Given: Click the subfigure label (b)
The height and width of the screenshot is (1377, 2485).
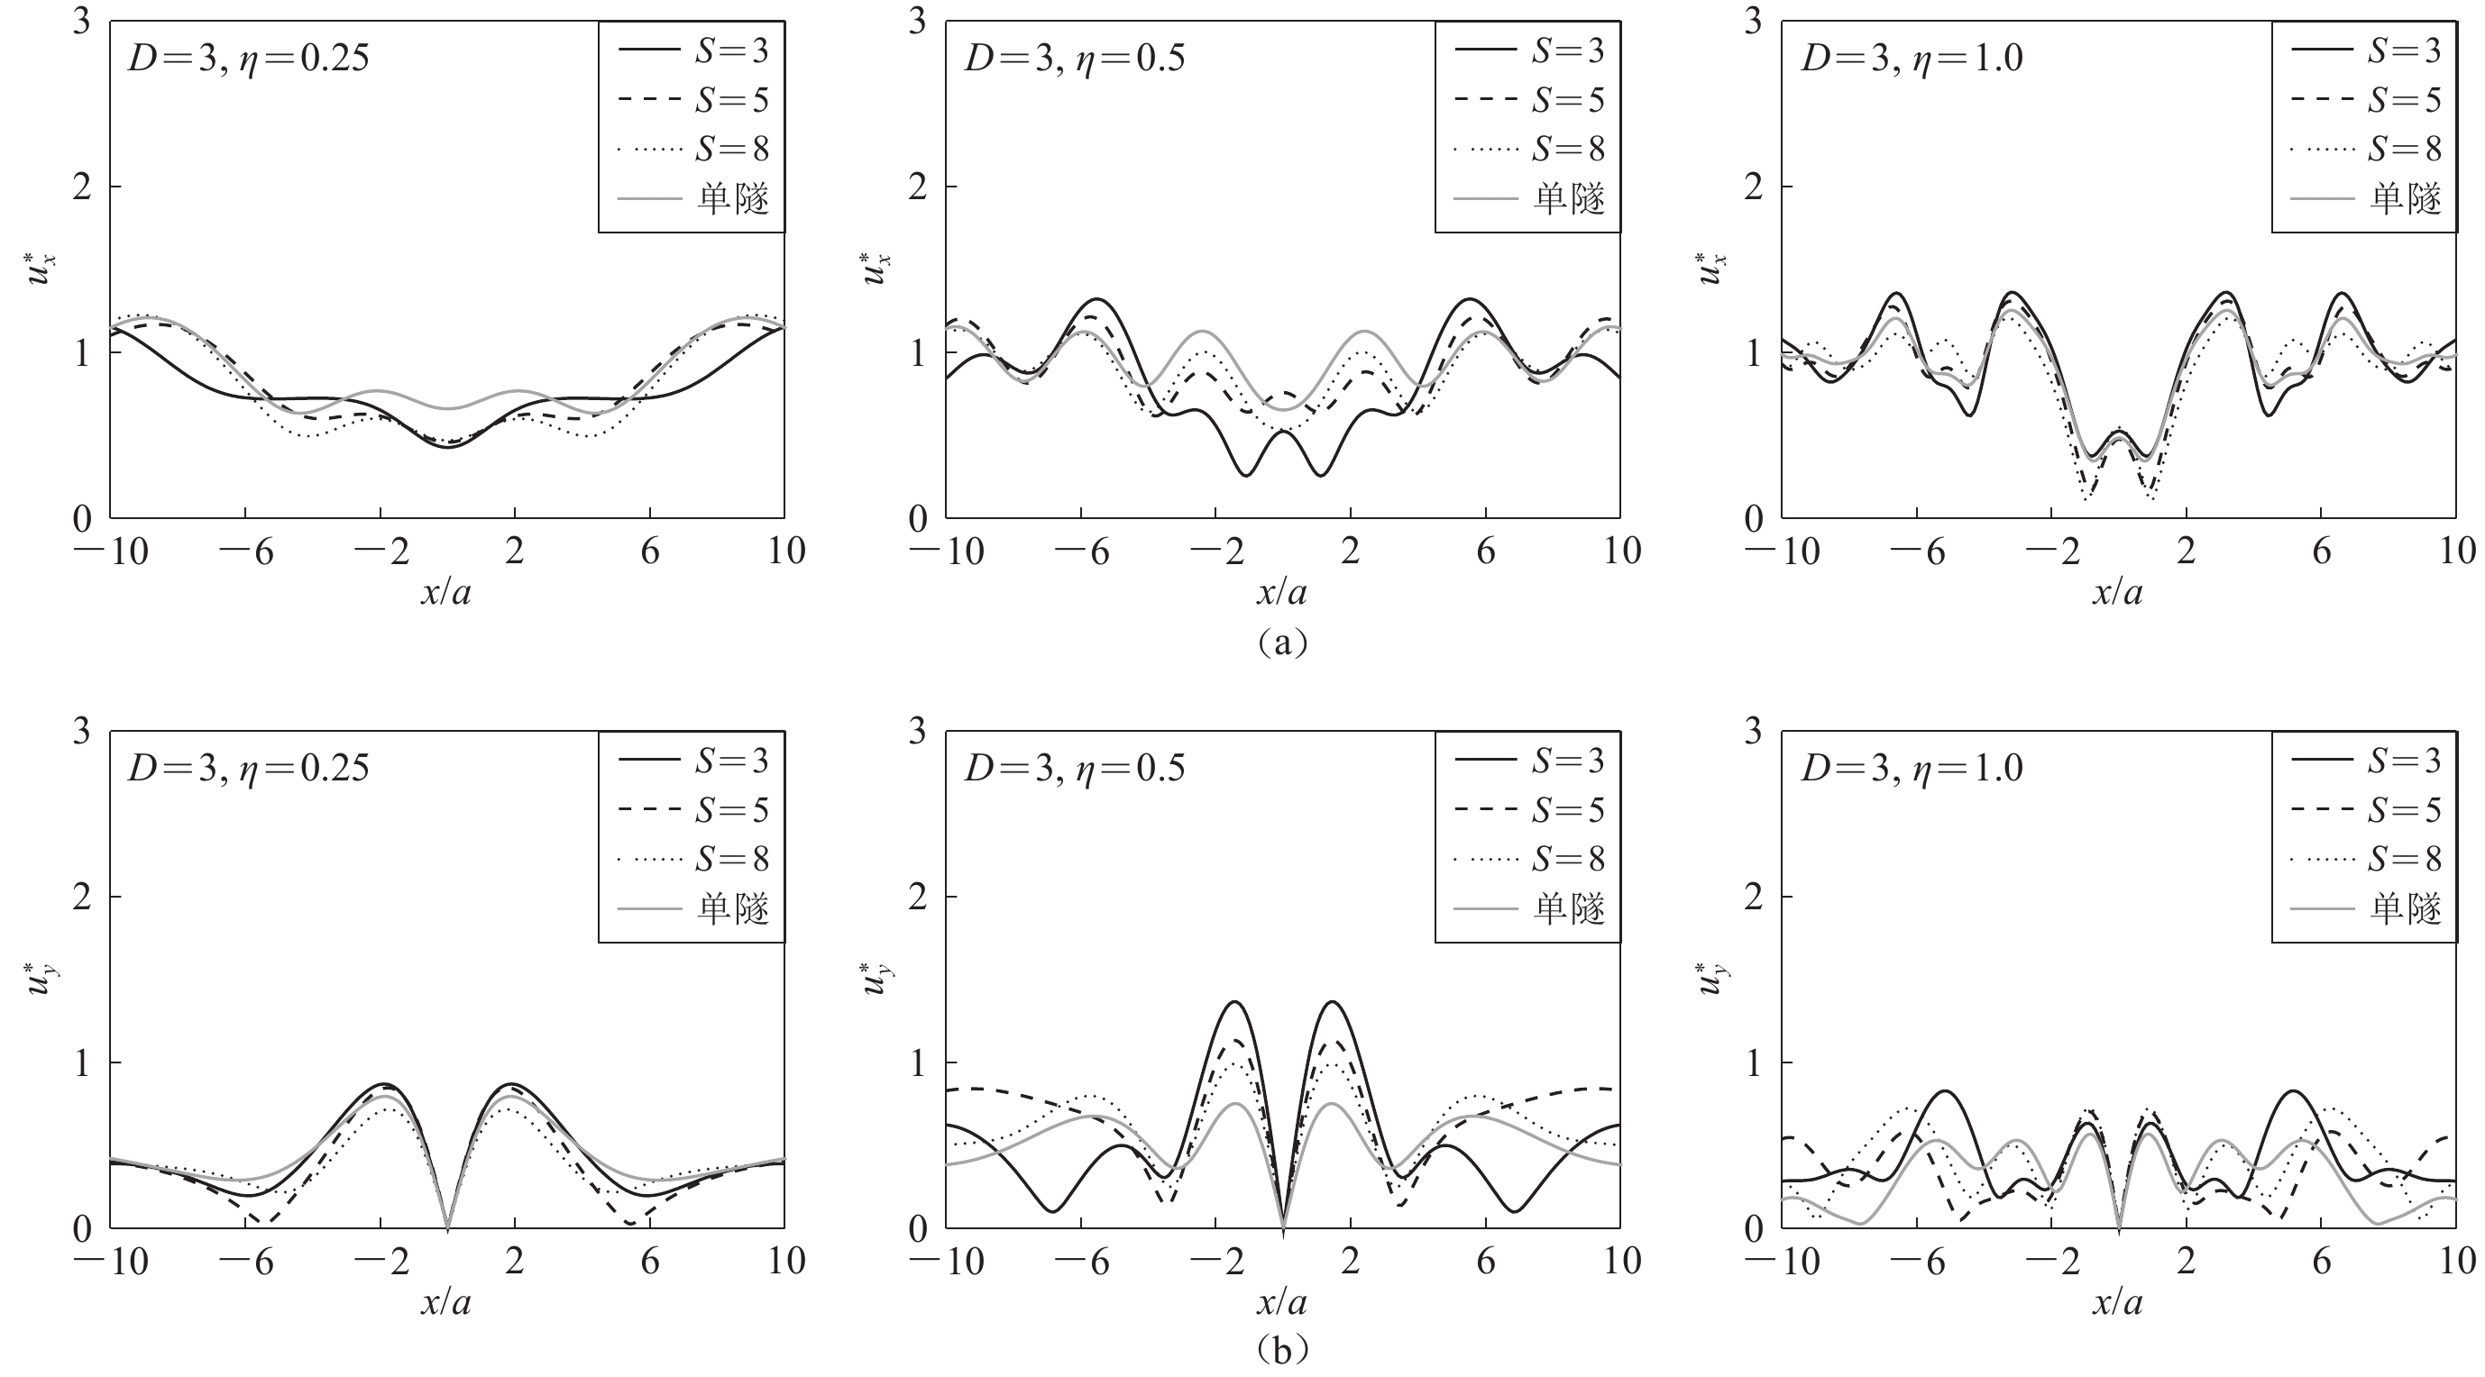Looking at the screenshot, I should click(x=1282, y=1350).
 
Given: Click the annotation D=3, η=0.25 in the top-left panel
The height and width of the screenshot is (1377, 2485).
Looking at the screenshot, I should click(x=248, y=59).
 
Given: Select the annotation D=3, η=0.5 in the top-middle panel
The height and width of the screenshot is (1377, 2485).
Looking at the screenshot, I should click(x=1075, y=59).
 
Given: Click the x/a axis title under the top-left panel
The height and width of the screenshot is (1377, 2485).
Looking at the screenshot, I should click(x=446, y=592).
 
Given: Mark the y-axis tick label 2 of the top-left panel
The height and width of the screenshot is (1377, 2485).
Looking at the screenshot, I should click(x=83, y=187).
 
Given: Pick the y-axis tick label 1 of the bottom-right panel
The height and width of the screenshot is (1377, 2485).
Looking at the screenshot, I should click(x=1754, y=1062).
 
